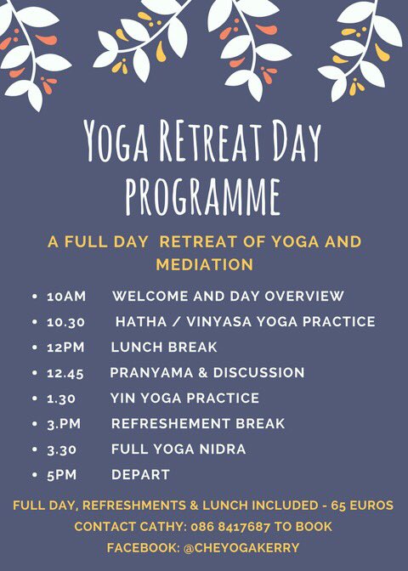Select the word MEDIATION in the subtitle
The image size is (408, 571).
pos(204,265)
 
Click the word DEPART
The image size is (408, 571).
pos(140,475)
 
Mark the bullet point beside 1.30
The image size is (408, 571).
pos(34,399)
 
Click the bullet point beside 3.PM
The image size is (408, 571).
pos(34,424)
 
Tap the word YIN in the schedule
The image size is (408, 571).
pos(123,399)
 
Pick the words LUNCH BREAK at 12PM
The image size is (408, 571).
pos(164,348)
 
